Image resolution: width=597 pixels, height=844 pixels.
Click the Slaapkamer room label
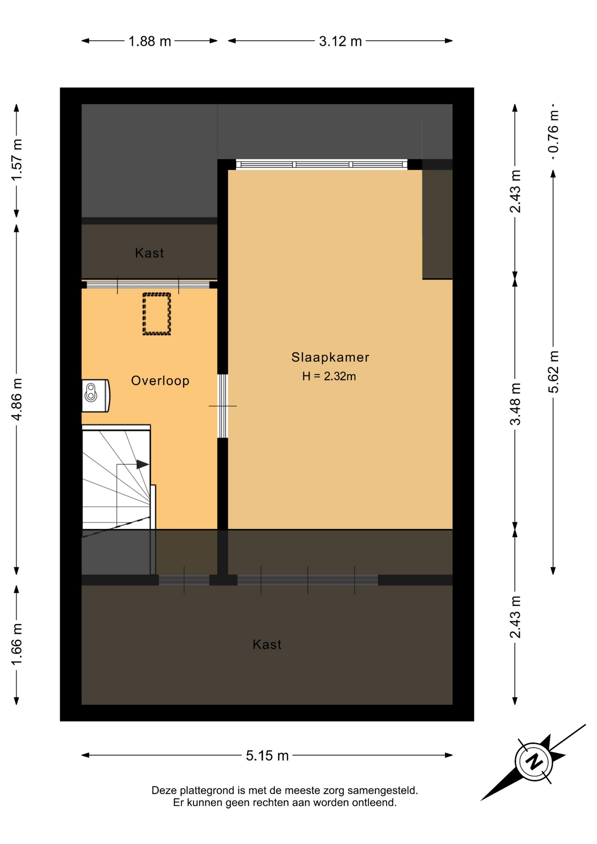[330, 357]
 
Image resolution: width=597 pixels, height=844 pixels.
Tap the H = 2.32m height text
[329, 376]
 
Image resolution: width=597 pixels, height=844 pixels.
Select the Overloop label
[160, 381]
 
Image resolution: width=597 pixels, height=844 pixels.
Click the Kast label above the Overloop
[149, 253]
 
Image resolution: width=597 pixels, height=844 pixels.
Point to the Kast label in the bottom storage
[267, 644]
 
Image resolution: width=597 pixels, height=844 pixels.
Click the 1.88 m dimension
[149, 41]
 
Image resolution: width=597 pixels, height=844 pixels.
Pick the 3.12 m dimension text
[340, 41]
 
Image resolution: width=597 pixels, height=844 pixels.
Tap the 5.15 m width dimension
[267, 756]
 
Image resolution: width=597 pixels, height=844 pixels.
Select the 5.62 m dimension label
[553, 372]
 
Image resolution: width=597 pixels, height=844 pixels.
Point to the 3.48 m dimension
[515, 404]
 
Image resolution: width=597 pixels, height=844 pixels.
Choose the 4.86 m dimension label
[17, 399]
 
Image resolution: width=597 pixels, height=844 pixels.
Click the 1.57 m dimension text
[17, 160]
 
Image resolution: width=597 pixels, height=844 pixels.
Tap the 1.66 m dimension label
[17, 644]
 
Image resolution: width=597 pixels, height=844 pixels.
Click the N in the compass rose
[535, 761]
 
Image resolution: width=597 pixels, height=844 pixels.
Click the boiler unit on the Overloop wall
[95, 396]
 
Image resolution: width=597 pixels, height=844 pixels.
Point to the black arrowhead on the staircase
[142, 464]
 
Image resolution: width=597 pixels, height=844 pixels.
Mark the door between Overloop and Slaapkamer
[223, 406]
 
